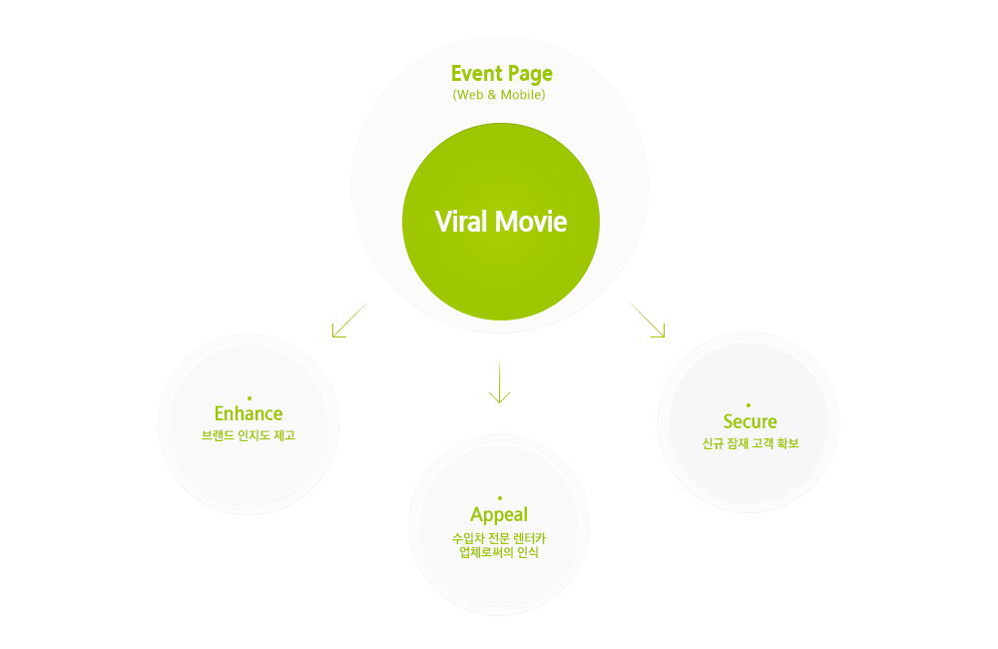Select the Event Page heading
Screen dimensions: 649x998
501,74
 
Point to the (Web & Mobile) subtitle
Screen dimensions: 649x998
499,96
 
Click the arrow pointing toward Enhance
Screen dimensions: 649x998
348,321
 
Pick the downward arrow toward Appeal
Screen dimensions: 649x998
500,380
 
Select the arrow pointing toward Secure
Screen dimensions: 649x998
649,321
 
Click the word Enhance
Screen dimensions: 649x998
249,413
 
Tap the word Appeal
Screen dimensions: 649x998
499,515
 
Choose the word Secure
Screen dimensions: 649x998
749,421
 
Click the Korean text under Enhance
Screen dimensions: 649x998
249,436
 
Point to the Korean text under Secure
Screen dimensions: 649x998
750,443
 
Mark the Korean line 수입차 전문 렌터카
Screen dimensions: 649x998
499,539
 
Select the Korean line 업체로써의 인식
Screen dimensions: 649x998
499,552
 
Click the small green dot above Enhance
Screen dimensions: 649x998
249,398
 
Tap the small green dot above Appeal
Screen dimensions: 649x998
499,497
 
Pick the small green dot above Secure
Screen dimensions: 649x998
748,404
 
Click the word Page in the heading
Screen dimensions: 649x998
529,74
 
